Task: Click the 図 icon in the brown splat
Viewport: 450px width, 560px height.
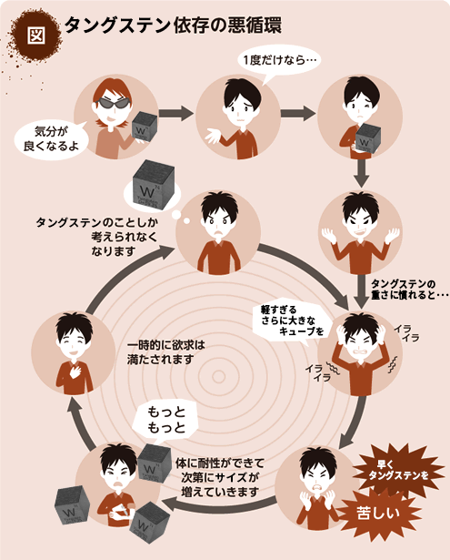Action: [x=36, y=35]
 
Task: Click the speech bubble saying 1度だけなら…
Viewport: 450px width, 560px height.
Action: [x=279, y=61]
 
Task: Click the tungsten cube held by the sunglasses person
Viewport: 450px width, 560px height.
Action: [x=144, y=127]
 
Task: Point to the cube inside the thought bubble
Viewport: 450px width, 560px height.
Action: [x=153, y=185]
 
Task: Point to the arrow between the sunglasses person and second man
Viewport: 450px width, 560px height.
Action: [x=176, y=113]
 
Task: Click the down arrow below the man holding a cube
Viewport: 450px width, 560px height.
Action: [x=362, y=173]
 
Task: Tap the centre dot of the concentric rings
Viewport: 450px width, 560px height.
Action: [x=218, y=376]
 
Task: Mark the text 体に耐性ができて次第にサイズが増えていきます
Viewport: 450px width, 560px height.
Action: [x=220, y=477]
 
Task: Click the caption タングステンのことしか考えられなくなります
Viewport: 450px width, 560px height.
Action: [x=97, y=237]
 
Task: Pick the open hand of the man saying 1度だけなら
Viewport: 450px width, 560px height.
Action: [x=213, y=136]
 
